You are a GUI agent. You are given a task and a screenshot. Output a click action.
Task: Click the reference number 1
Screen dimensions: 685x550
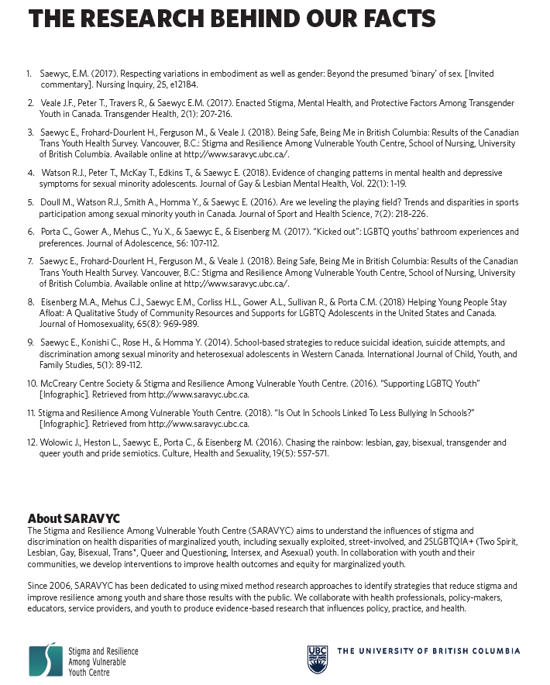[29, 74]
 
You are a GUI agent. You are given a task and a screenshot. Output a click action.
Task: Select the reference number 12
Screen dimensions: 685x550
[32, 442]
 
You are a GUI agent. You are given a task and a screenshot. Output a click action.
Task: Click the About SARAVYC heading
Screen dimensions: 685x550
[74, 518]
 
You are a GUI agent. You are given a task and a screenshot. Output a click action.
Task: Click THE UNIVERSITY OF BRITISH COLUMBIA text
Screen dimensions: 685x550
[428, 652]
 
